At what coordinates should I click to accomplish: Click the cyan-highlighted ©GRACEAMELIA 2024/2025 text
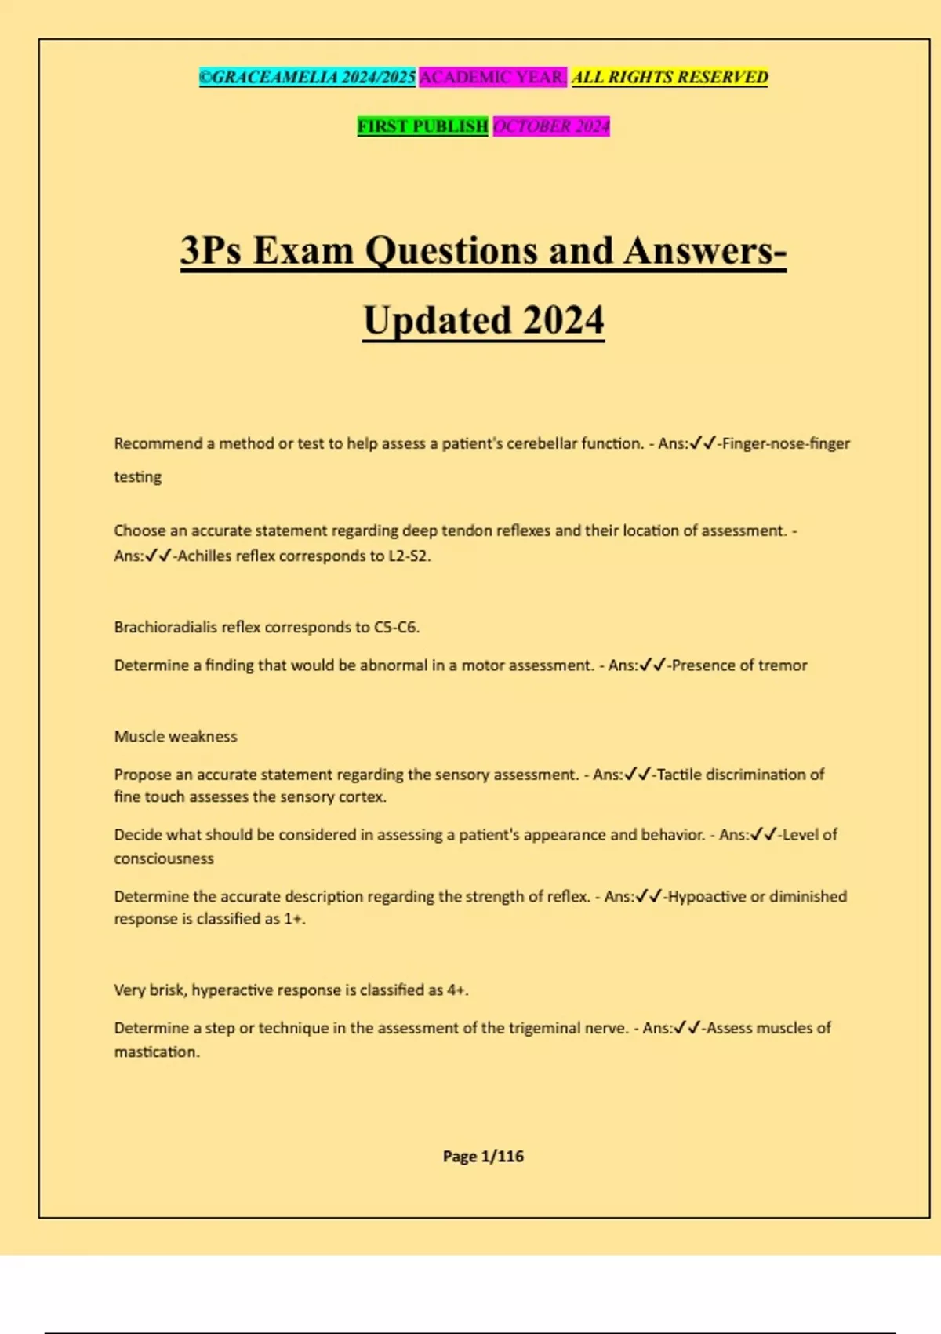[x=307, y=78]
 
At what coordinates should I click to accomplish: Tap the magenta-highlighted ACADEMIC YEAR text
[x=492, y=78]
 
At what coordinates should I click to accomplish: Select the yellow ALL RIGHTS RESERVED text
[x=670, y=78]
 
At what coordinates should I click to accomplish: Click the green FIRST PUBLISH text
[x=423, y=126]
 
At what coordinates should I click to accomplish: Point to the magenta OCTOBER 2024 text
[x=550, y=126]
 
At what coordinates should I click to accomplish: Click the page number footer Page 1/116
[x=483, y=1156]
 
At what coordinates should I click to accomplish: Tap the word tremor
[x=783, y=665]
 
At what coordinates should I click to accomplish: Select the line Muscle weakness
[x=176, y=737]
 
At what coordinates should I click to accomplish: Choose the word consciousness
[x=164, y=858]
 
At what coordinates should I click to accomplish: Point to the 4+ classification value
[x=456, y=990]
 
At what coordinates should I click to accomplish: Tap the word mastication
[x=155, y=1052]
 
